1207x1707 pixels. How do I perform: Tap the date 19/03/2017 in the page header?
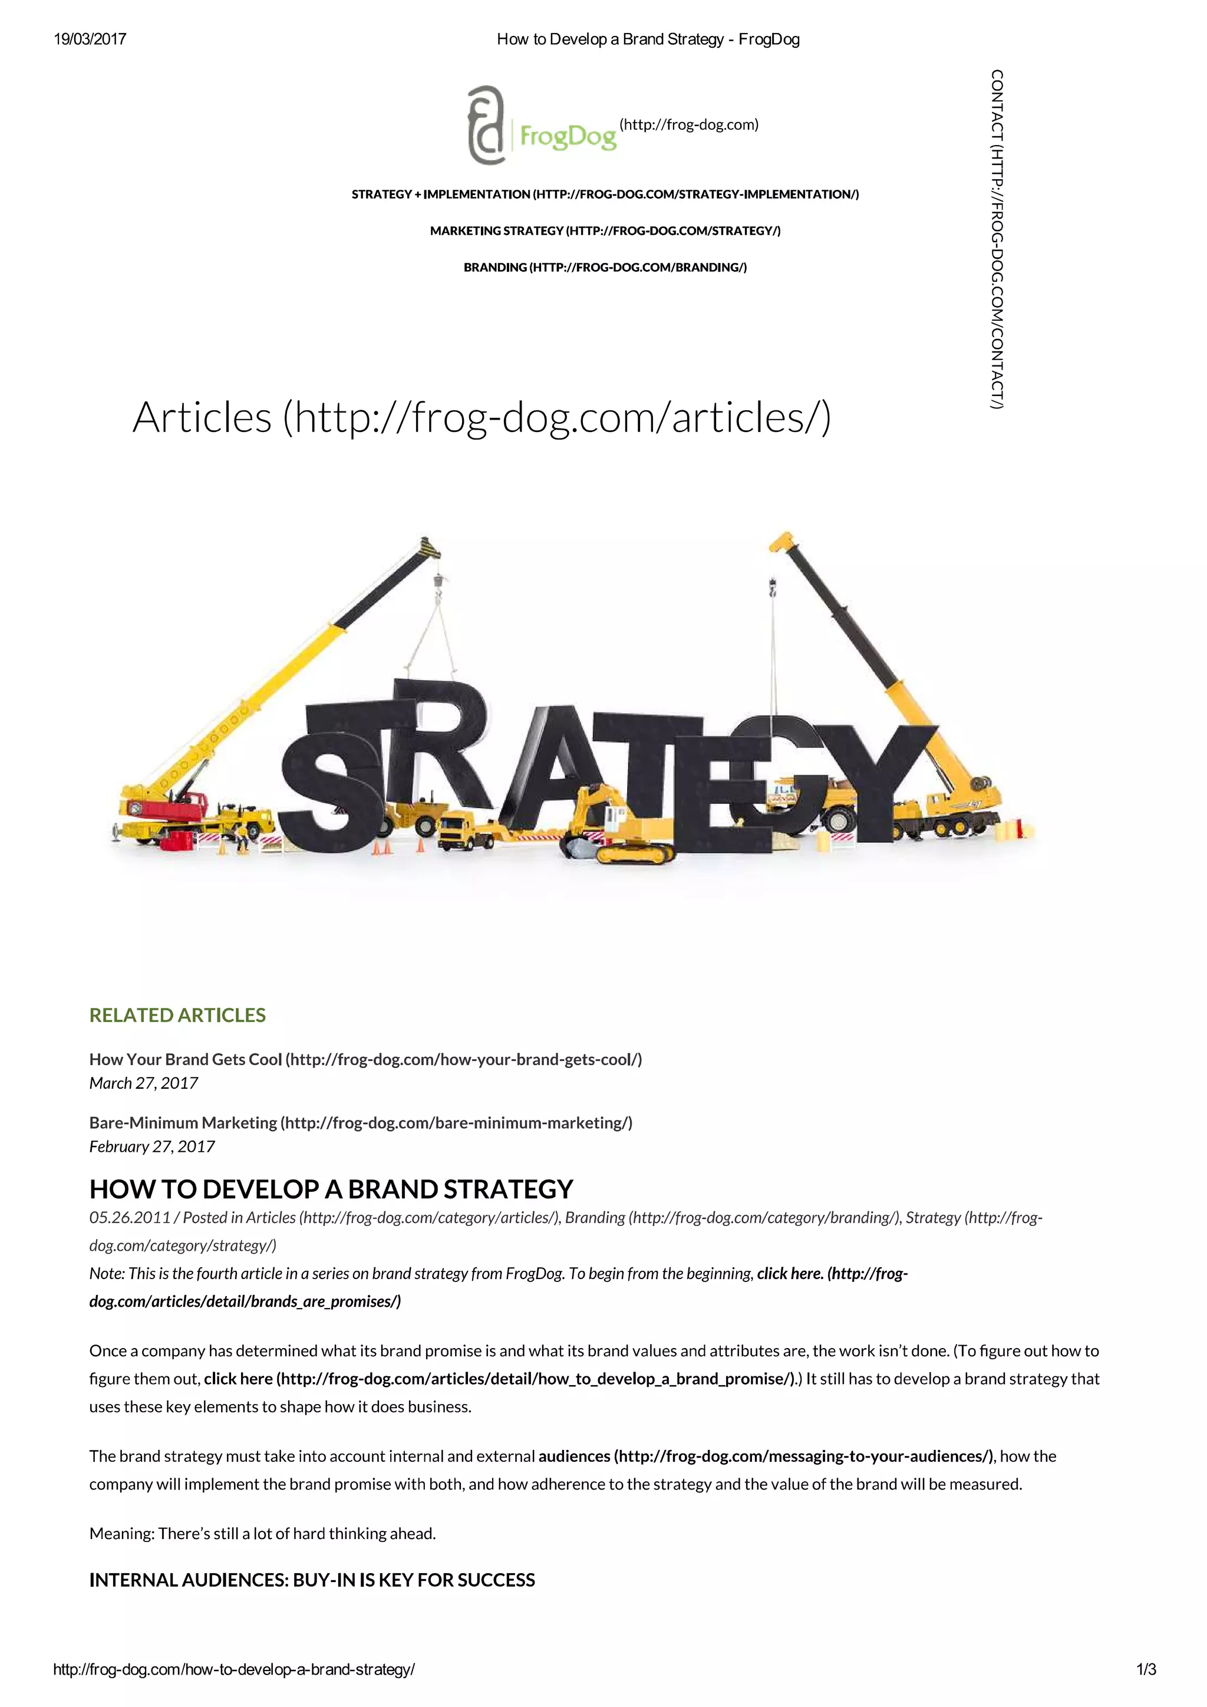pyautogui.click(x=90, y=39)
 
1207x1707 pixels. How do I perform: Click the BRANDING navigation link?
pyautogui.click(x=605, y=268)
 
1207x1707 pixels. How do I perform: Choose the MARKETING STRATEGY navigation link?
pyautogui.click(x=605, y=231)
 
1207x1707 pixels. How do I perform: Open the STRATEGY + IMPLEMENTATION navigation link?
pyautogui.click(x=605, y=195)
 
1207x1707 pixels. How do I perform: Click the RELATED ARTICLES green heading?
pyautogui.click(x=177, y=1016)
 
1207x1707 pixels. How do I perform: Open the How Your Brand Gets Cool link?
pyautogui.click(x=365, y=1059)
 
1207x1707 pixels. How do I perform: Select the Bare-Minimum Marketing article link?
pyautogui.click(x=361, y=1123)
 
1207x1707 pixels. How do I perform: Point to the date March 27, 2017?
pyautogui.click(x=143, y=1083)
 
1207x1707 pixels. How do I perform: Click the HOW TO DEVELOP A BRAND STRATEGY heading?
pyautogui.click(x=331, y=1189)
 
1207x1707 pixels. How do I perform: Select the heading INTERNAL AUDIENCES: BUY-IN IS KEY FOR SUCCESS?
pyautogui.click(x=312, y=1580)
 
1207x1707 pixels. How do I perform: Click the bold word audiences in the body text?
pyautogui.click(x=574, y=1456)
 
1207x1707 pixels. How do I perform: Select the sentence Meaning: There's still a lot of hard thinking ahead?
pyautogui.click(x=262, y=1533)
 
